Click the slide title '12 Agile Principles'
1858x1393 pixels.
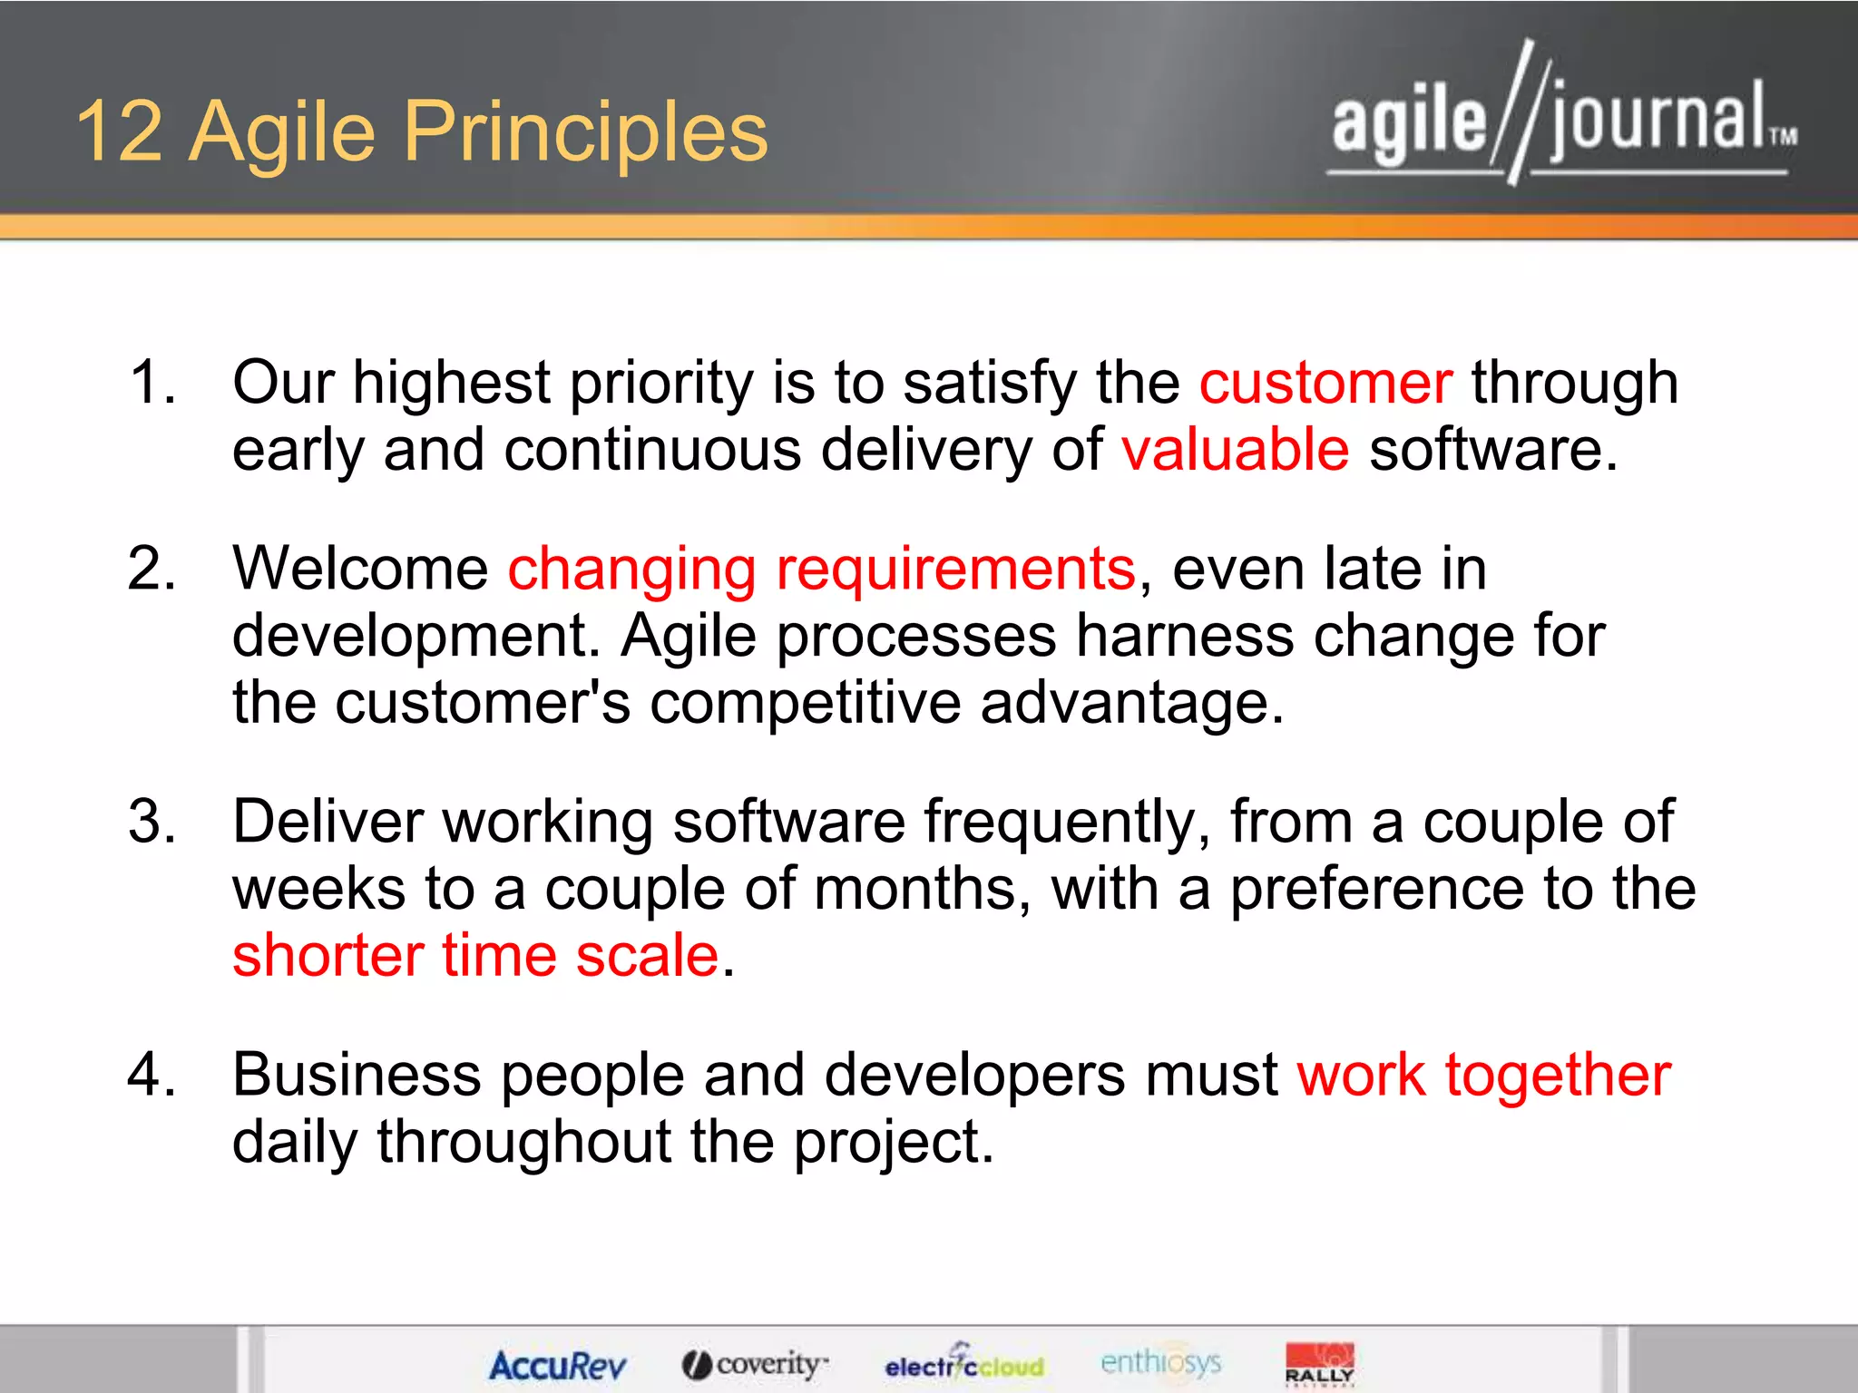tap(422, 132)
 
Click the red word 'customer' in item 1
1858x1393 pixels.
tap(1325, 383)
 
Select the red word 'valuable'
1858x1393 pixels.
tap(1235, 450)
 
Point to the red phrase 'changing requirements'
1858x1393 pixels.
tap(821, 570)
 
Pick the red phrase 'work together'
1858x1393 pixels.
tap(1483, 1075)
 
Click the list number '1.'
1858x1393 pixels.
tap(152, 381)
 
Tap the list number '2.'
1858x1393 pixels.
tap(152, 569)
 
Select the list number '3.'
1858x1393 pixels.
tap(152, 822)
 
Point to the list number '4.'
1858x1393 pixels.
tap(152, 1075)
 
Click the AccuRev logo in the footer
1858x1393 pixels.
tap(557, 1365)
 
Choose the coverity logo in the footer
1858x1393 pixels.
tap(755, 1364)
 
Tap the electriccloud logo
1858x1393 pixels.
tap(964, 1364)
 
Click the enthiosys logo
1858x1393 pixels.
tap(1160, 1362)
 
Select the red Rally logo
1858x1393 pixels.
tap(1319, 1364)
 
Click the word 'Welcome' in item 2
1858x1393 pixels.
tap(360, 570)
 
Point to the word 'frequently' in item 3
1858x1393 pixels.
tap(1067, 822)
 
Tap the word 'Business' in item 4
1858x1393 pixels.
tap(357, 1075)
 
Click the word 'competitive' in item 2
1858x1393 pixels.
tap(805, 703)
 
